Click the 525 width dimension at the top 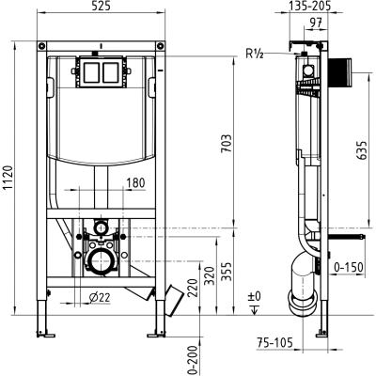(102, 6)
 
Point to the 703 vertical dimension (227, 144)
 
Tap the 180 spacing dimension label (135, 182)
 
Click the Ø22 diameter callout (100, 297)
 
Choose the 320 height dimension (210, 275)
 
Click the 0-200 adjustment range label (195, 360)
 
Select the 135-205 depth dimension (309, 6)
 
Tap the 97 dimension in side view (316, 23)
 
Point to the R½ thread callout (254, 54)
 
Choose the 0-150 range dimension (349, 267)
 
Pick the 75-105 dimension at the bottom (274, 342)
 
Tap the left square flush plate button (92, 72)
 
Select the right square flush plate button (110, 72)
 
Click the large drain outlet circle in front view (101, 260)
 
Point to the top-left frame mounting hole (41, 46)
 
